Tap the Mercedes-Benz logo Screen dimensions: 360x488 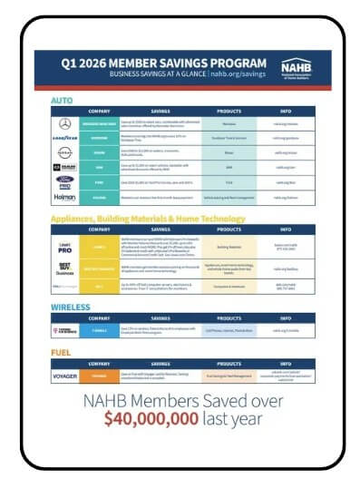(65, 123)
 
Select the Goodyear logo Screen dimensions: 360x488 (65, 139)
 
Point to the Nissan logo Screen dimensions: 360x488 (65, 153)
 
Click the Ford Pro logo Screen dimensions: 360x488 (65, 181)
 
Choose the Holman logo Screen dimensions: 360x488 (65, 196)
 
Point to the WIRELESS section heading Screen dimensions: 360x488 (72, 307)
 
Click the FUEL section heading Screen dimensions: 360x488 (61, 352)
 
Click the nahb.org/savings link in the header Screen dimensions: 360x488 (239, 73)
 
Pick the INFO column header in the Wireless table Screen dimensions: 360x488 (285, 317)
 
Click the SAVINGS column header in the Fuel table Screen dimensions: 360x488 (162, 363)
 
